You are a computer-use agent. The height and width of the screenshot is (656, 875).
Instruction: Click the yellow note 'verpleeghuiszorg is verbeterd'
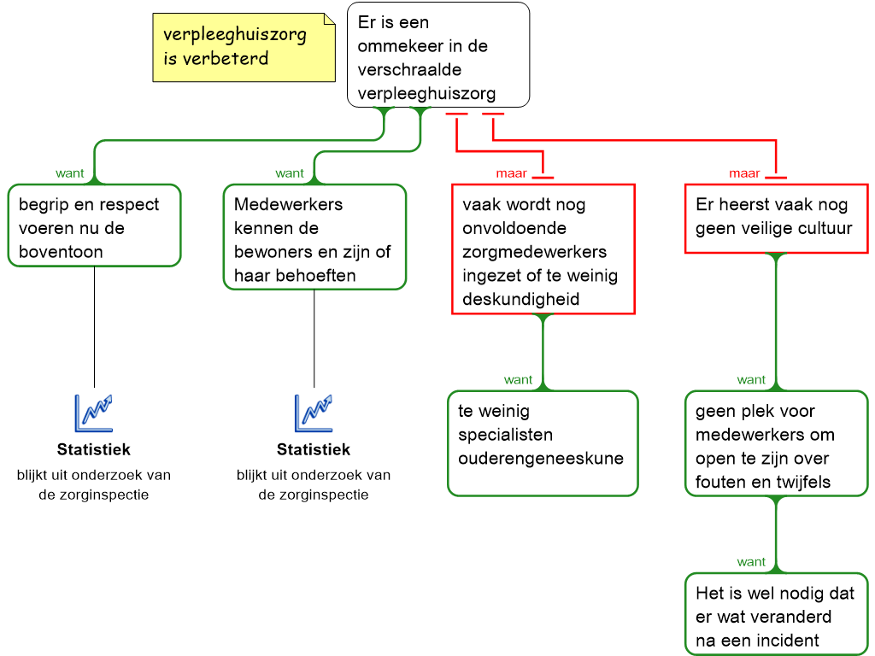pos(244,48)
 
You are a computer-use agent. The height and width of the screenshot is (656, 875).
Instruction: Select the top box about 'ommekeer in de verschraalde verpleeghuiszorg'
pos(437,56)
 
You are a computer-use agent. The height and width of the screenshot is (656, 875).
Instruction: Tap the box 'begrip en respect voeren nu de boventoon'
pos(94,225)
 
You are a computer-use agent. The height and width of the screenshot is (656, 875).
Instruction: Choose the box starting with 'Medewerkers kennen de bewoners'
pos(314,237)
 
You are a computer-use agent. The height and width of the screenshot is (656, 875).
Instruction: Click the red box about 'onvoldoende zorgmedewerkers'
pos(543,249)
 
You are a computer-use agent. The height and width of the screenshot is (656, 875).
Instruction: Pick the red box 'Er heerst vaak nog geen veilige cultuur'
pos(776,218)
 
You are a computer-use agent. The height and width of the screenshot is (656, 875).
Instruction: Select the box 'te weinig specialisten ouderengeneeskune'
pos(543,442)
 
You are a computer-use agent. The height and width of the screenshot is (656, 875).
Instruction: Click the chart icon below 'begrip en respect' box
pos(93,413)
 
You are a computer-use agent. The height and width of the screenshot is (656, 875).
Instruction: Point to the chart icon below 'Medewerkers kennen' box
pos(314,413)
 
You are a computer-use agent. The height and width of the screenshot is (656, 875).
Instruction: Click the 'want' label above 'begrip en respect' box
pos(70,173)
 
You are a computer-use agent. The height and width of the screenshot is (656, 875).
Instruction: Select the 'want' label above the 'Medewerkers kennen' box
pos(289,173)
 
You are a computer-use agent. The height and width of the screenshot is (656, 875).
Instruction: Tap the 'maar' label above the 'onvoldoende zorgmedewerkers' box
pos(511,173)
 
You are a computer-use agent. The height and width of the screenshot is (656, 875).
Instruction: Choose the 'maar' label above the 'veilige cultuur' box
pos(744,173)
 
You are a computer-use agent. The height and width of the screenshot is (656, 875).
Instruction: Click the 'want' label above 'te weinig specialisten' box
pos(518,380)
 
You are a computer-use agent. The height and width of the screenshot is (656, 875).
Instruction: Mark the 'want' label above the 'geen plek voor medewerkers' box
pos(751,380)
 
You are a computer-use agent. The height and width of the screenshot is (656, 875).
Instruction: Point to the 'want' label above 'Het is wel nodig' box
pos(751,562)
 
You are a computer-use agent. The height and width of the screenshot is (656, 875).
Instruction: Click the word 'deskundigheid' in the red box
pos(520,299)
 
